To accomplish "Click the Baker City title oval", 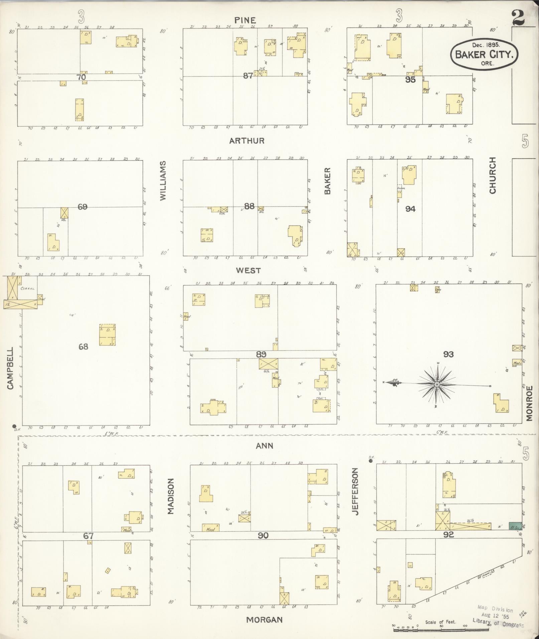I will coord(484,54).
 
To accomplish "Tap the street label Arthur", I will coord(247,141).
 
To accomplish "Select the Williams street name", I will coord(163,181).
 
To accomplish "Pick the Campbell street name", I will coord(10,368).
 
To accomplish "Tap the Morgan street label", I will coord(264,620).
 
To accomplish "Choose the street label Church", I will coord(492,175).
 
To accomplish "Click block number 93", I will coord(448,354).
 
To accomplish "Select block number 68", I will coord(83,347).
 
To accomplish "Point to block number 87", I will coord(248,76).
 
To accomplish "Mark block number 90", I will coord(263,535).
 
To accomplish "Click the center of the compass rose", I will coord(437,385).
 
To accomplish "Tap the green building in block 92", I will coord(515,526).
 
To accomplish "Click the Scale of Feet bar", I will coord(441,630).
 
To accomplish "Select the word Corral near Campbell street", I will coord(28,289).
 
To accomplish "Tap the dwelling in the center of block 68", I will coord(107,334).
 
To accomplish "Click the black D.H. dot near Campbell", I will coord(14,426).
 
